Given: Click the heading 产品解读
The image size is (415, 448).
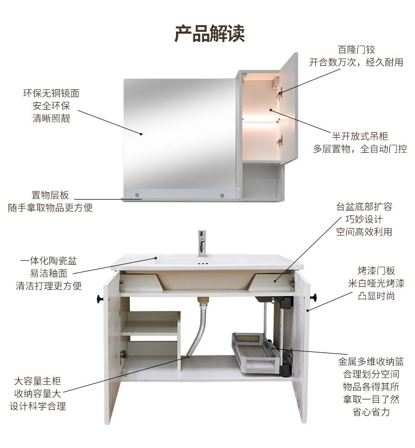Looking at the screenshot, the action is [x=210, y=33].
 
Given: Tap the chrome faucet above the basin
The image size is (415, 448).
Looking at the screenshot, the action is [x=202, y=243].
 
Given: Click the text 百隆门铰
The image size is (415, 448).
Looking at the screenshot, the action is [x=356, y=49].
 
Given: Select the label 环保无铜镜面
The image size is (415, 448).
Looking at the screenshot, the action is [x=51, y=93].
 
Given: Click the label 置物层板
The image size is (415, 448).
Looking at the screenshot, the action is [x=50, y=195].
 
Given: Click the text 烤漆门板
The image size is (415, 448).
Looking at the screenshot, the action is [x=376, y=271].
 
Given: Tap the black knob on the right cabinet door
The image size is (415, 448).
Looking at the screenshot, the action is [x=315, y=297].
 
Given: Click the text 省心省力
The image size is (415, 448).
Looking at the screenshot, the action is [x=371, y=412].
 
